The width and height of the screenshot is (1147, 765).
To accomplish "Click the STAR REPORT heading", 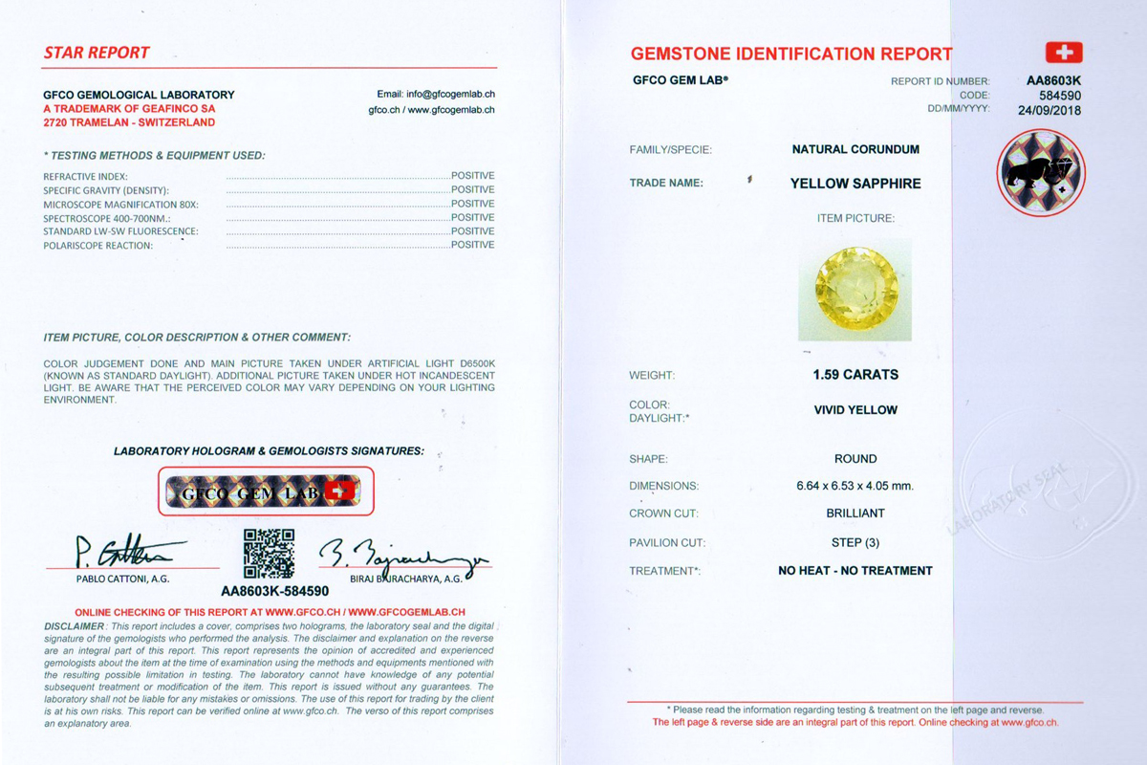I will coord(97,54).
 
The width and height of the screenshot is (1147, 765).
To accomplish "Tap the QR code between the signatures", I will coord(269,554).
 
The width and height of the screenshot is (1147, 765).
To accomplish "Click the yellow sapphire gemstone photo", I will coord(855,290).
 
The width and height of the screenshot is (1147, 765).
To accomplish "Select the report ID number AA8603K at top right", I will coord(1053,81).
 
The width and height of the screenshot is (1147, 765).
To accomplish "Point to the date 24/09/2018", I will coord(1050,109).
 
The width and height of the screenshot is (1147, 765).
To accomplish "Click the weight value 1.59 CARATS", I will coord(855,375).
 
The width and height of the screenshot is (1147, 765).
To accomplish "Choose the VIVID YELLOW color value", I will coord(855,410).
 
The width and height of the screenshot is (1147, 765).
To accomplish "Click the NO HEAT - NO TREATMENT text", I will coord(855,571).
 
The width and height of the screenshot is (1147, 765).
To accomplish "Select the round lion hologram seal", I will coord(1041,173).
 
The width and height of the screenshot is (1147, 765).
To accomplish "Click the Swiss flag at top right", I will coord(1063,53).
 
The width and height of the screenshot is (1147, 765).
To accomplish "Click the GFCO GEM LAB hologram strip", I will coord(266,492).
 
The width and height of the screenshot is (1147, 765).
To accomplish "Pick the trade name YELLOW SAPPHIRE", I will coord(855,184).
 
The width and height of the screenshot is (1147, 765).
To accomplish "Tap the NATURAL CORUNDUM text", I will coord(855,150).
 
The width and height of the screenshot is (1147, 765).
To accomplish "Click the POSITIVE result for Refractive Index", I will coord(472,176).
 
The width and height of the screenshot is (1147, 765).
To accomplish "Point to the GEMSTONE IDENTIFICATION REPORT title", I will coord(791,54).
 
